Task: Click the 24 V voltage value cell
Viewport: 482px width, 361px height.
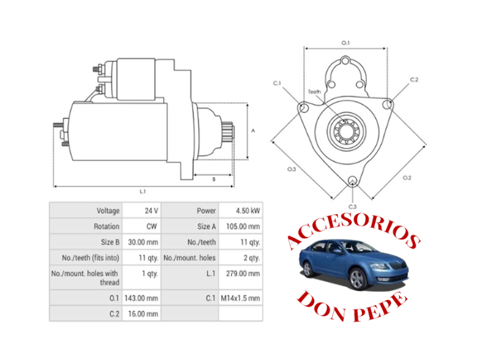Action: click(x=151, y=211)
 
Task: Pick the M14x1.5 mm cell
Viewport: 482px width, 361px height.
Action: click(x=244, y=298)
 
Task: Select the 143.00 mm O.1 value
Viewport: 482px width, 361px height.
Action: click(x=143, y=298)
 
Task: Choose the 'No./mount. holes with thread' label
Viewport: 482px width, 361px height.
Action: click(x=91, y=278)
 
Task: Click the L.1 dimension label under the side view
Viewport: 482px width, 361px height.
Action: click(x=143, y=191)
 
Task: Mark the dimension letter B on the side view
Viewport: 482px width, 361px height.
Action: click(x=214, y=179)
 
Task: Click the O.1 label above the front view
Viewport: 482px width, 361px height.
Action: click(x=346, y=43)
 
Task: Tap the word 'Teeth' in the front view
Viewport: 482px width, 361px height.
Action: click(x=315, y=91)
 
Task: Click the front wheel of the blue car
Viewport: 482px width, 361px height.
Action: click(x=358, y=278)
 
